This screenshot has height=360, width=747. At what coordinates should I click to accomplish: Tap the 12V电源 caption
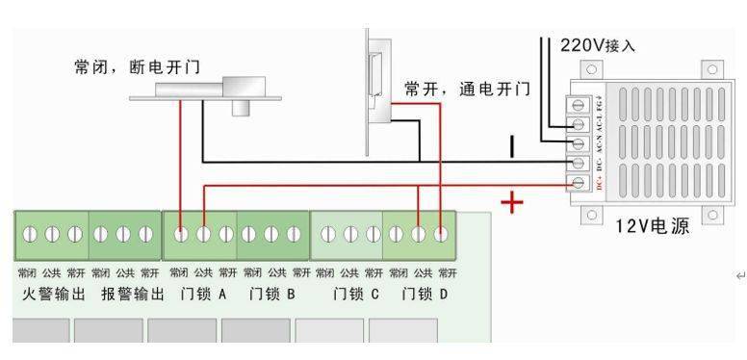coord(653,227)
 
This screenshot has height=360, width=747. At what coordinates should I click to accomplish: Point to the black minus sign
coord(512,146)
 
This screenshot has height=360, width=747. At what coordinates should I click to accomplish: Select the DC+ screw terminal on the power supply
coord(580,182)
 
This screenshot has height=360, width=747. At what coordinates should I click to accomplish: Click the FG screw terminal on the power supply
coord(580,104)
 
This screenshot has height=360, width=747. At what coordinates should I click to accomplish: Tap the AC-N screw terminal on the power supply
coord(580,143)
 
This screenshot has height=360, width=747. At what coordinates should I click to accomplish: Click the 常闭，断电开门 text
coord(143,67)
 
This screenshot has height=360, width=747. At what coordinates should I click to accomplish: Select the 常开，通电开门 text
coord(468,89)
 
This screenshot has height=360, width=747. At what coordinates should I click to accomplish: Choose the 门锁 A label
coord(202,293)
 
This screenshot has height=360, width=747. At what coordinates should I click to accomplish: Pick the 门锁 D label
coord(424,293)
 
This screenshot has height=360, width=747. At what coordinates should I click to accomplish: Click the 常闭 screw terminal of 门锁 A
coord(180,234)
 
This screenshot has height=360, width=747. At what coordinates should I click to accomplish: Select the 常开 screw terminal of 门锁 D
coord(441,234)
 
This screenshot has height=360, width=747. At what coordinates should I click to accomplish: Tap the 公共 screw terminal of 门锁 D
coord(418,234)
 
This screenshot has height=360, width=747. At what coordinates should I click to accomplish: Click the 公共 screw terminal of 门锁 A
coord(203,234)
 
